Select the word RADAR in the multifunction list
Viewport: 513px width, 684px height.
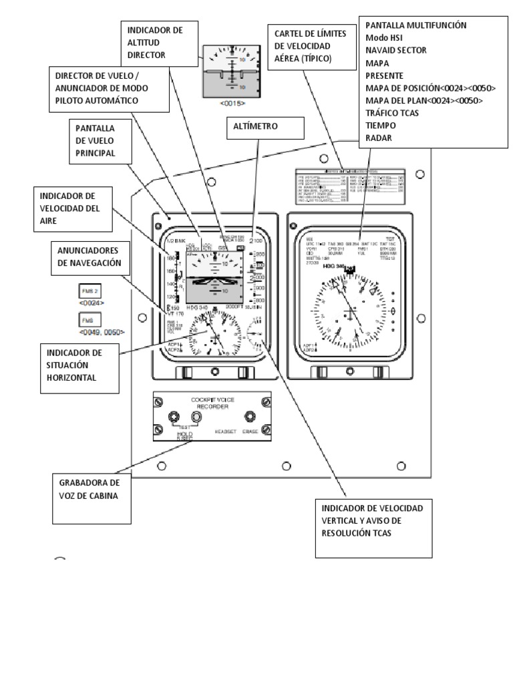(x=378, y=138)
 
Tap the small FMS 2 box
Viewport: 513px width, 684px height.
(x=90, y=292)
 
